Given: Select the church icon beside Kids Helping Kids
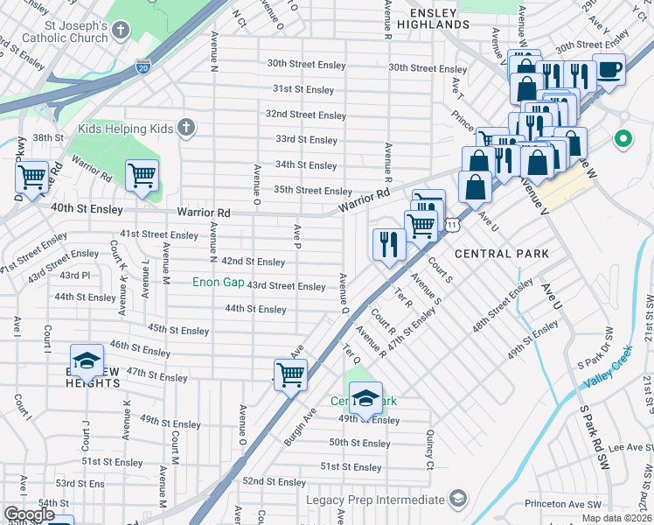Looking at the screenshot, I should click(184, 129).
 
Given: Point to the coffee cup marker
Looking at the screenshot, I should click(609, 69).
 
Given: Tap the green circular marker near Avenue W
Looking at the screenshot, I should click(623, 138).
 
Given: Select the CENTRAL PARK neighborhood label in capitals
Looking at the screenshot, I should click(502, 254).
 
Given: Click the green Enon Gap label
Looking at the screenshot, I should click(219, 283).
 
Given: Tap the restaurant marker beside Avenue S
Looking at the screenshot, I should click(388, 243).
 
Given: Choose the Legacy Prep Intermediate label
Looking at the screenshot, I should click(375, 500).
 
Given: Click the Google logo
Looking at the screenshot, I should click(29, 514).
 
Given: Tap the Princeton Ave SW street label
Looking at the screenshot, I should click(563, 505).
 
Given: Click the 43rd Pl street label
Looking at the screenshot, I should click(74, 276).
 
